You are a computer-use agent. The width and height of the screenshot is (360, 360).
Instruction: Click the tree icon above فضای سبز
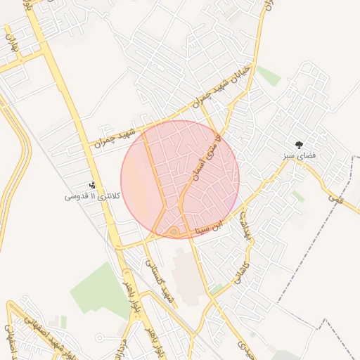(x=300, y=143)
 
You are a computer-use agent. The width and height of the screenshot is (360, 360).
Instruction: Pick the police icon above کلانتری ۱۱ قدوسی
(x=91, y=185)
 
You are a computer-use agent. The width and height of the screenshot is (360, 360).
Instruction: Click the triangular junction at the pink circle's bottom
(x=173, y=231)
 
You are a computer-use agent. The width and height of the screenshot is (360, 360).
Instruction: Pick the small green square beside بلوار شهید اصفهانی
(x=63, y=321)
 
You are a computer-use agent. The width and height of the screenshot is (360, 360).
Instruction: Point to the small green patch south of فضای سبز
(x=300, y=196)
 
